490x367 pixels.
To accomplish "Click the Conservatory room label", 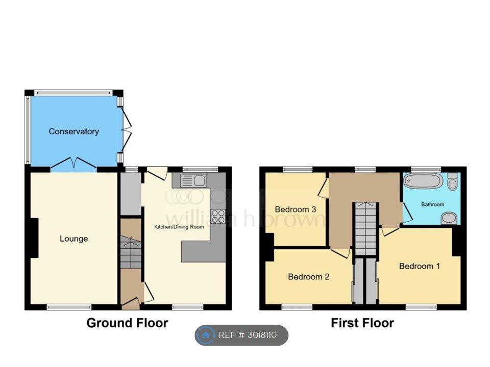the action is (x=73, y=132).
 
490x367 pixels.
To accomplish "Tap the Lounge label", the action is (x=73, y=239).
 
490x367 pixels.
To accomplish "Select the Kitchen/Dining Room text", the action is (x=179, y=227).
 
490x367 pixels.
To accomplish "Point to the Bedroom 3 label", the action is (x=296, y=209).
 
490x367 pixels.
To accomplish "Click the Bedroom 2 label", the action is (x=308, y=276).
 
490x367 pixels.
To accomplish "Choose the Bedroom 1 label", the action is (x=420, y=266).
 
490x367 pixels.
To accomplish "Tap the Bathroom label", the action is (x=432, y=204).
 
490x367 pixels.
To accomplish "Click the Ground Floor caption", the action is (x=127, y=323).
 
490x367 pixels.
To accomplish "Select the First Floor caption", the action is (x=362, y=323).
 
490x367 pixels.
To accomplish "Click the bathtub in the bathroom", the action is (x=423, y=181).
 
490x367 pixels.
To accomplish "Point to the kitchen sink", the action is (x=193, y=180).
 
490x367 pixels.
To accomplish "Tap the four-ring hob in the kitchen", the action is (x=218, y=216).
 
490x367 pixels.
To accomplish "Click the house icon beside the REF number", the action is (x=205, y=335).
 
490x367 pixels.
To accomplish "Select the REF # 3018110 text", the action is (x=248, y=335).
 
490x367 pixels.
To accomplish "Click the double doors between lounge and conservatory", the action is (x=73, y=164).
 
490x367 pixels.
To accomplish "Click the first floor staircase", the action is (x=365, y=229).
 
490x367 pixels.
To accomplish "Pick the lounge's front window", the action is (x=69, y=307).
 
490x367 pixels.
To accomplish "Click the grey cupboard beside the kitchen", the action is (x=131, y=194).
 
